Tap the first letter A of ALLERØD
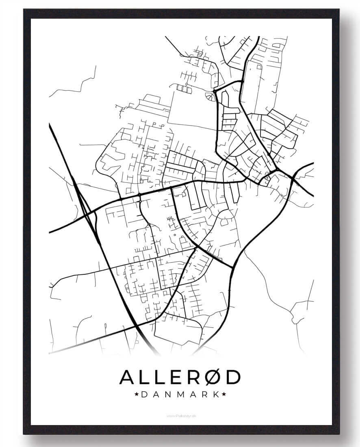click(128, 378)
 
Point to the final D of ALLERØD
click(232, 378)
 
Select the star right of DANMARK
click(224, 394)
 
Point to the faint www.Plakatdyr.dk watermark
click(180, 416)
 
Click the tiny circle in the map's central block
click(175, 234)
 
